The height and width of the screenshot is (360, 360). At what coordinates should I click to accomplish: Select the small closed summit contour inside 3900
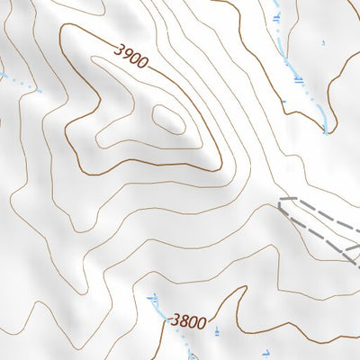[167, 117]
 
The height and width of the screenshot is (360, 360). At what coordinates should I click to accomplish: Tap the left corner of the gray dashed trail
[280, 202]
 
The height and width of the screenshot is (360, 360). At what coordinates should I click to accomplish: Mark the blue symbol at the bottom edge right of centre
[265, 352]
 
